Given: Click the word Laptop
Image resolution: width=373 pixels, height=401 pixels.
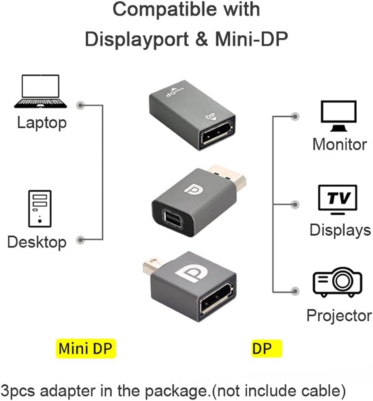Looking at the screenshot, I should pyautogui.click(x=42, y=122).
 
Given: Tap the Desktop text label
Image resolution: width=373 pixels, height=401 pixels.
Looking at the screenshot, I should pyautogui.click(x=37, y=242).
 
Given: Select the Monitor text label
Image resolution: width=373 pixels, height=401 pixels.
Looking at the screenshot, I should pyautogui.click(x=340, y=144).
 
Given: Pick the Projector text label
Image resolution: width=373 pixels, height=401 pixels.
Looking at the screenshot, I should pyautogui.click(x=339, y=316).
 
